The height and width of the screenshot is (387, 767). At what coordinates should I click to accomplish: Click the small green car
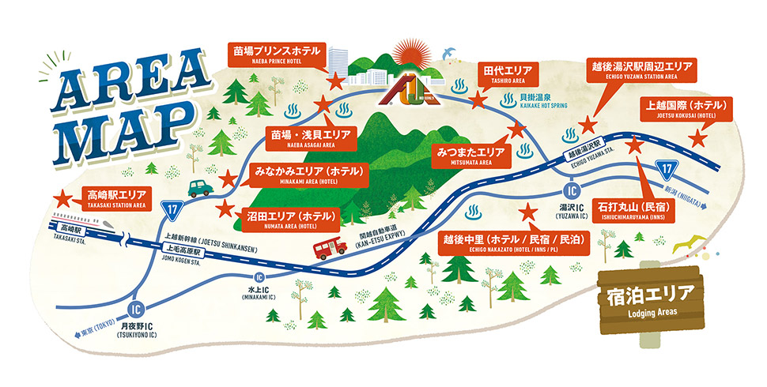(201, 187)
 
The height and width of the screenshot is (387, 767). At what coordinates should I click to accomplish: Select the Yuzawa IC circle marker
(570, 190)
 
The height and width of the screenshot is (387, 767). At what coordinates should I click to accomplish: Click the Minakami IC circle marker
(259, 277)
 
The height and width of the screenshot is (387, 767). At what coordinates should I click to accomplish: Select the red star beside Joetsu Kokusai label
(697, 137)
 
